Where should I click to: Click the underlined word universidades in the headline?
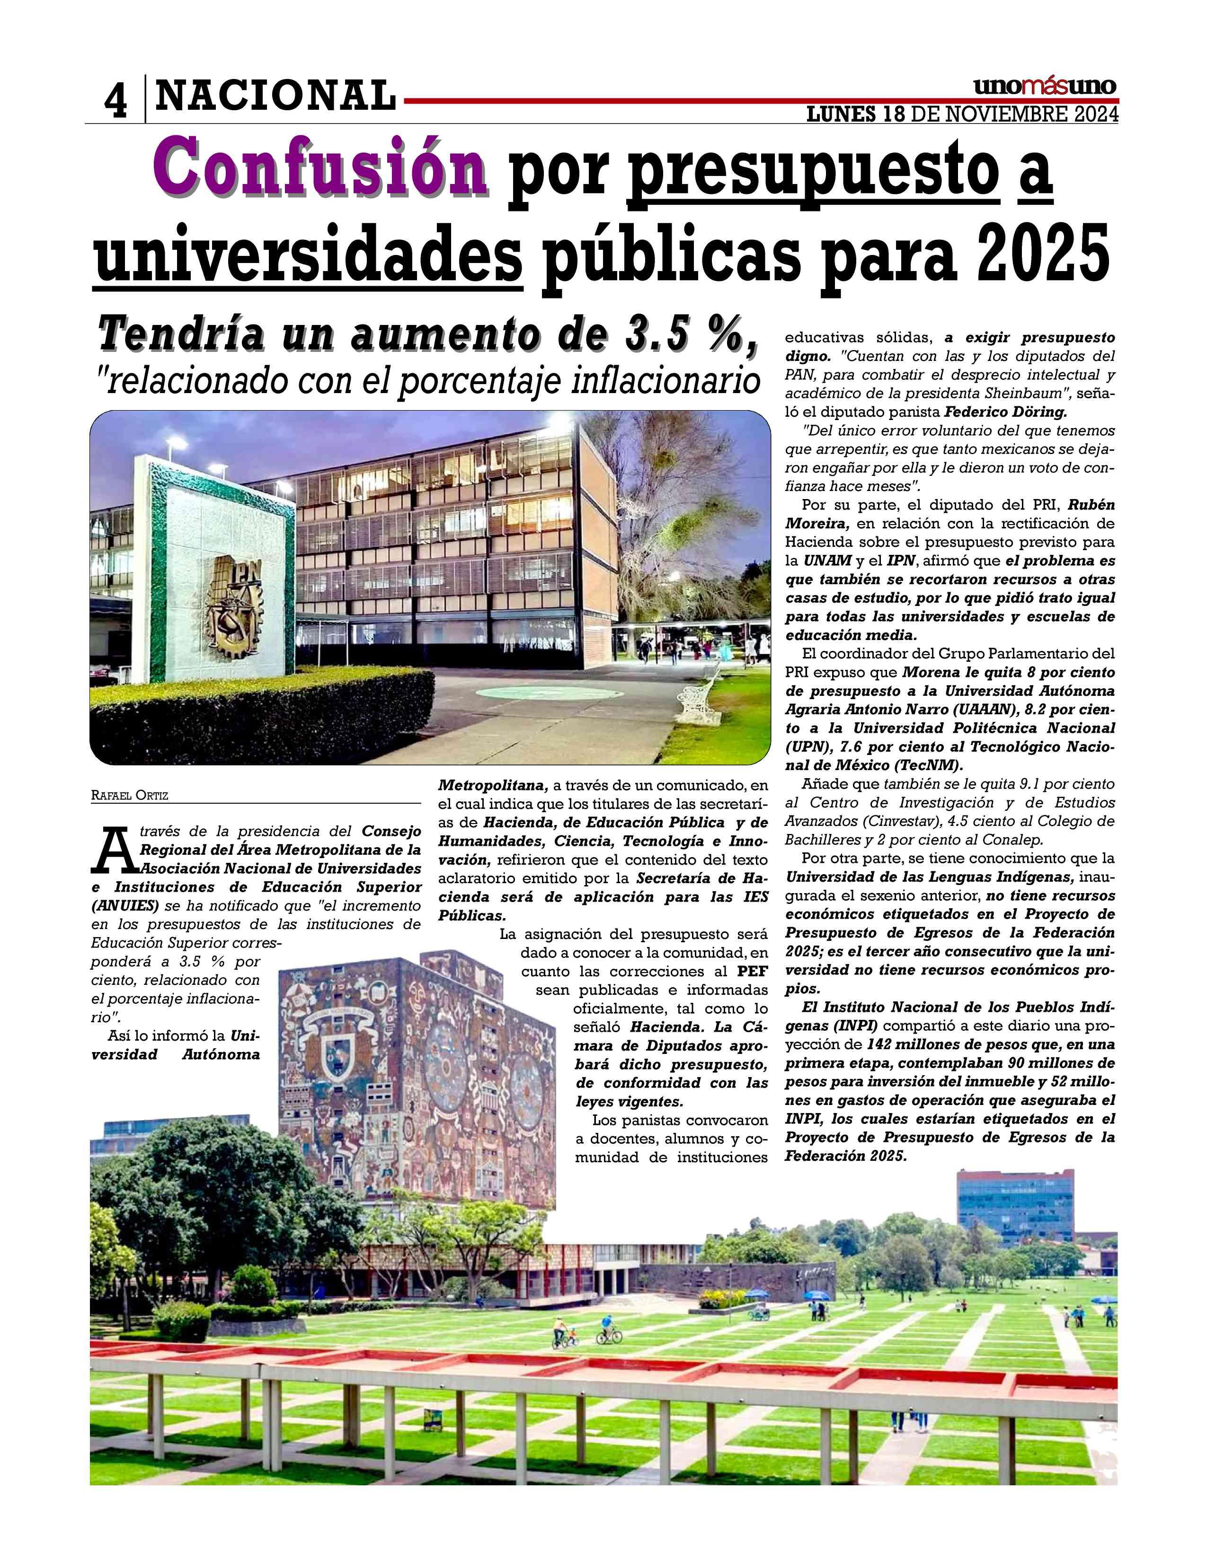coord(308,255)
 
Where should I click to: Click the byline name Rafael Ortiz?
coord(129,795)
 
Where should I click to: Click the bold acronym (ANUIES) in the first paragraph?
coord(125,905)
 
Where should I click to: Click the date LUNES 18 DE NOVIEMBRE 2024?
coord(962,114)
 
